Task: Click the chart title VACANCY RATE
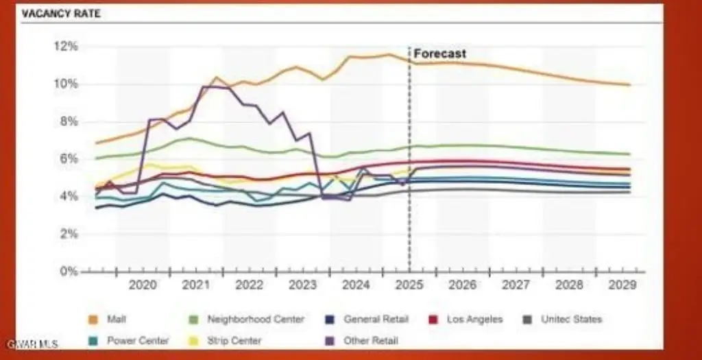(x=61, y=14)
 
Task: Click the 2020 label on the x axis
(x=142, y=285)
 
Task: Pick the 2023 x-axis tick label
(x=302, y=285)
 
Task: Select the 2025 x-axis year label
(x=409, y=285)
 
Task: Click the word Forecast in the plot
(x=439, y=53)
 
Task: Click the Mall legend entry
(x=116, y=319)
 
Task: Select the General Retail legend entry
(x=376, y=319)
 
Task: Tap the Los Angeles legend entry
(x=474, y=319)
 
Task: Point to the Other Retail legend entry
(x=370, y=340)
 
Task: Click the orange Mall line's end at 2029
(x=629, y=85)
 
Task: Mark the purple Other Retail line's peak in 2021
(x=204, y=86)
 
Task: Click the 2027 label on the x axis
(x=516, y=285)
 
